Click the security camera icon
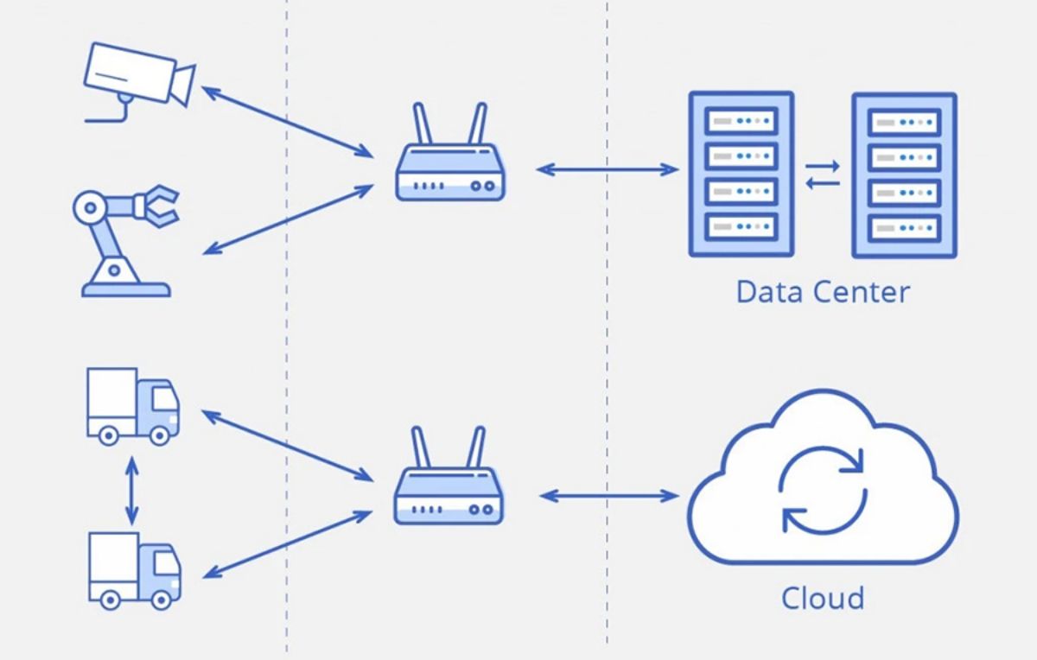pos(138,78)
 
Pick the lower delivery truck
pos(135,568)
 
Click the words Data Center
pos(823,292)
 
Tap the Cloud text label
pos(823,598)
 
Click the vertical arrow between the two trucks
pos(131,490)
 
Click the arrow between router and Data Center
pos(608,169)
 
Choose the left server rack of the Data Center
pos(741,175)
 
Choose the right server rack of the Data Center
pos(904,175)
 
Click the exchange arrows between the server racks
pos(823,174)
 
